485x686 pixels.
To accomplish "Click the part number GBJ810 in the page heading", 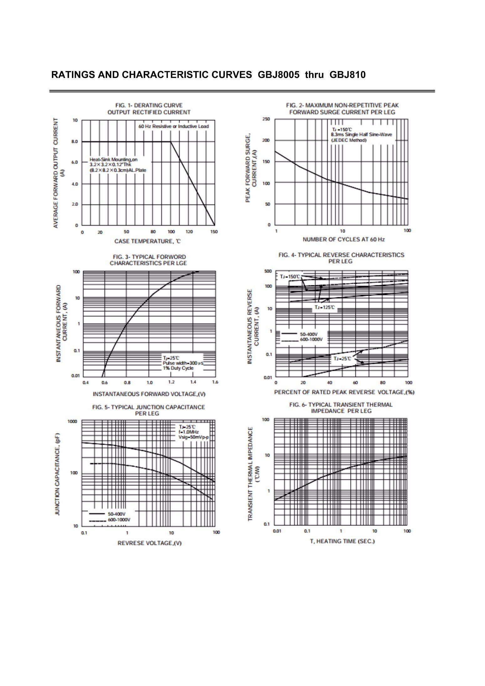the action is tap(348, 75).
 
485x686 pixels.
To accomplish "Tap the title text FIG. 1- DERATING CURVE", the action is tap(149, 105).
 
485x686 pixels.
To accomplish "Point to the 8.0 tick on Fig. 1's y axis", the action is tap(75, 141).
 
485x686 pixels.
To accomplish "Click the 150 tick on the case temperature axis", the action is tap(214, 232).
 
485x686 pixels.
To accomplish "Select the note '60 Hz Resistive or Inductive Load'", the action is tap(173, 126).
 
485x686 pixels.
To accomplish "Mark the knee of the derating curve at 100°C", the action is tap(171, 142).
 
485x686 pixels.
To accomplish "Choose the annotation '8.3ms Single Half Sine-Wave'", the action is tap(361, 135).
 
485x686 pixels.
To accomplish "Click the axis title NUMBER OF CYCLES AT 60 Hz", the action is tap(343, 239).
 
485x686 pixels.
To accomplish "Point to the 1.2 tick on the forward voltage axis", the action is tap(171, 382).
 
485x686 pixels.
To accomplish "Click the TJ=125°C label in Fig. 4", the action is tap(324, 307).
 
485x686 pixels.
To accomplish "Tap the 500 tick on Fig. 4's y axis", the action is tap(268, 271).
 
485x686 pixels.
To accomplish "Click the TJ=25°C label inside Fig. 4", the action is tap(342, 359).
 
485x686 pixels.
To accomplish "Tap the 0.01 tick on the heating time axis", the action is tap(277, 531).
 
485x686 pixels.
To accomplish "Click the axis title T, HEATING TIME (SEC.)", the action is tap(342, 541).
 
